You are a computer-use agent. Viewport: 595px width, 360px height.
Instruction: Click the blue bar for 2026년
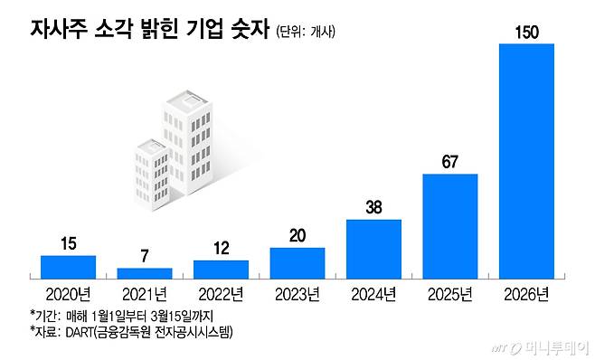click(x=526, y=160)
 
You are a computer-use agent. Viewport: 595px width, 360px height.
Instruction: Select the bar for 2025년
click(x=449, y=225)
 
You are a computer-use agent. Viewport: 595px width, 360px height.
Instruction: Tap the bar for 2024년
click(x=373, y=248)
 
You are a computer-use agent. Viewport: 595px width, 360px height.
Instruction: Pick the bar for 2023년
click(x=297, y=262)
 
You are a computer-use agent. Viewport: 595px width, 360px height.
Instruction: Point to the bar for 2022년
click(x=221, y=269)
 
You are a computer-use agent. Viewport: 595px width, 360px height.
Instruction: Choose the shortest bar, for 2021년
click(x=145, y=272)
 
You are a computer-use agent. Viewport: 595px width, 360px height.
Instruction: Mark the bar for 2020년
click(x=68, y=266)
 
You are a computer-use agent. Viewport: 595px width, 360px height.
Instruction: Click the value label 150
click(x=526, y=33)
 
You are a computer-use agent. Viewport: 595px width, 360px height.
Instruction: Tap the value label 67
click(x=449, y=163)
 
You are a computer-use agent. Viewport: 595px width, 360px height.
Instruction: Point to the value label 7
click(x=145, y=258)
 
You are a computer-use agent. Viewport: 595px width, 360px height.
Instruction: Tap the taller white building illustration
click(x=190, y=145)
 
